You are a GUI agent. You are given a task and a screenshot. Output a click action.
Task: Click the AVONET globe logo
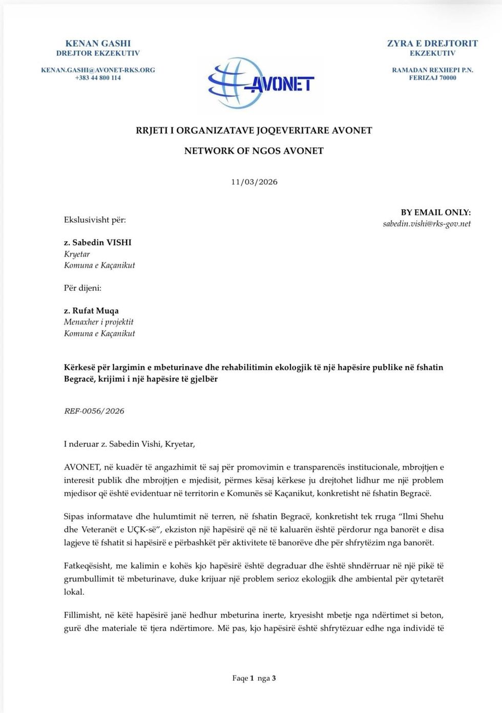(260, 82)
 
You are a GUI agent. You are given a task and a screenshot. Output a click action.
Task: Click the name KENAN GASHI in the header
(98, 44)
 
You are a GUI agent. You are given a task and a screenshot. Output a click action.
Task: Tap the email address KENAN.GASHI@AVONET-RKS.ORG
(98, 70)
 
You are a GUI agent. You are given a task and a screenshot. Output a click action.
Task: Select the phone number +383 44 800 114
(98, 78)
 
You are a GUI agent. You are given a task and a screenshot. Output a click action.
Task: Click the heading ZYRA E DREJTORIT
(432, 44)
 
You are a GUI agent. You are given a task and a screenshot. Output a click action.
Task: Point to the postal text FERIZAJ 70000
(432, 78)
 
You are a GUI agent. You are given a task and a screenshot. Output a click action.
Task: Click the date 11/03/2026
(254, 182)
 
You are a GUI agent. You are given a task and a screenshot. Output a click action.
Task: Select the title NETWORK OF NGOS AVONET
(254, 151)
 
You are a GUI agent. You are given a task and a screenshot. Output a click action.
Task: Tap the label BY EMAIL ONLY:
(435, 212)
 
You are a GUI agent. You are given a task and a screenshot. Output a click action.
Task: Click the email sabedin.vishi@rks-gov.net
(427, 224)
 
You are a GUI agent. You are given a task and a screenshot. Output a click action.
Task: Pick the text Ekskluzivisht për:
(95, 220)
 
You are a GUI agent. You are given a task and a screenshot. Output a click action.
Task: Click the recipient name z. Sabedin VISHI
(97, 243)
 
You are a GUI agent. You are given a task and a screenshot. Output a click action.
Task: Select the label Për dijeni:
(82, 288)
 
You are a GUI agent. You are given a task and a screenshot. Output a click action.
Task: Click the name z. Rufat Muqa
(91, 311)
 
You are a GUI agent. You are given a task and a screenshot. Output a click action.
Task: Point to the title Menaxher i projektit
(98, 322)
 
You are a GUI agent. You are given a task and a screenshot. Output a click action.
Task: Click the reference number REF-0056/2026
(94, 411)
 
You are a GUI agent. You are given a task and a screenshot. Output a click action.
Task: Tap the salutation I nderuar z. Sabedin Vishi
(129, 444)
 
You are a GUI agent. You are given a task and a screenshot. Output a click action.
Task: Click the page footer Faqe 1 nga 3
(254, 678)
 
